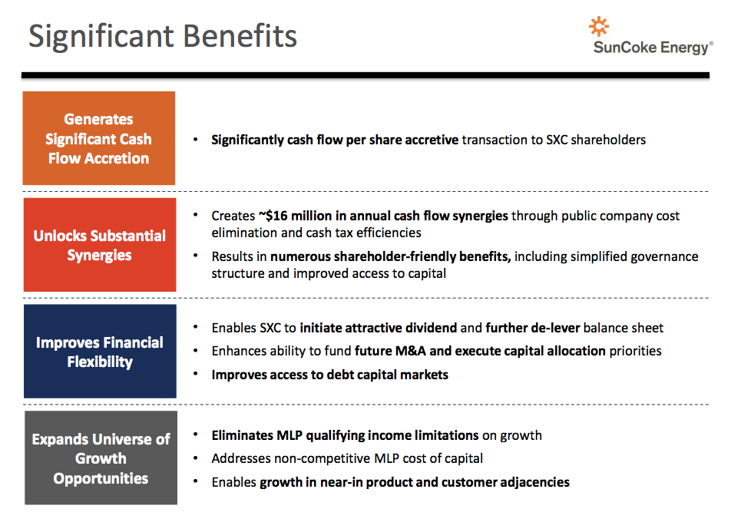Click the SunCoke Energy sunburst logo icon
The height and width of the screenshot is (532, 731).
599,27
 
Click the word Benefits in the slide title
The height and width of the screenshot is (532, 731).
240,36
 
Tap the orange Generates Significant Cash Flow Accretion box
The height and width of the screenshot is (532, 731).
99,138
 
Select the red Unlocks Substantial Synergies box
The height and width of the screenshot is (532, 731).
100,245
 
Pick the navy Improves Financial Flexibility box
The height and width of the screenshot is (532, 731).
101,351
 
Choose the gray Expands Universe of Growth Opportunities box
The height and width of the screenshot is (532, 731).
101,458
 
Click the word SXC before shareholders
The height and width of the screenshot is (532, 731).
557,140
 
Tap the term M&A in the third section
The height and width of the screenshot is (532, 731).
411,351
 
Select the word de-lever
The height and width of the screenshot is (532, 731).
555,328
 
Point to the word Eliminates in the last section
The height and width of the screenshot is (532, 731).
243,435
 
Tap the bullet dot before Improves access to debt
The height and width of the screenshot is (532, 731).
196,374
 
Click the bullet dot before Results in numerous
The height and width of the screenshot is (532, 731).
196,256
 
